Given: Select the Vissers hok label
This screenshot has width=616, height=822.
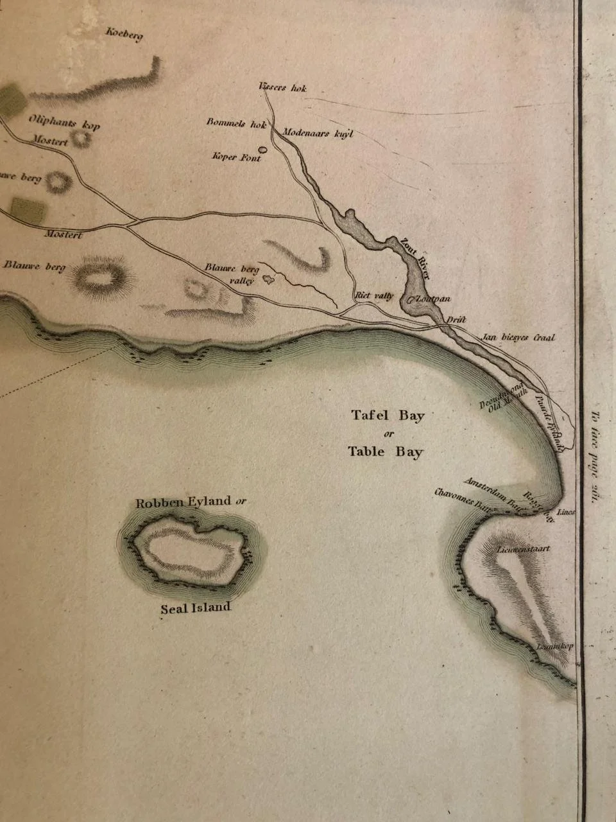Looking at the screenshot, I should tap(282, 87).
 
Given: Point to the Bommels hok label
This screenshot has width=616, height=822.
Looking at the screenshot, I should tap(236, 123).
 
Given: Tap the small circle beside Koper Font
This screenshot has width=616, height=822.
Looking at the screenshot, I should tap(262, 149).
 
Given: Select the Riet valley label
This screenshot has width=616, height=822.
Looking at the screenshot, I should tap(374, 295).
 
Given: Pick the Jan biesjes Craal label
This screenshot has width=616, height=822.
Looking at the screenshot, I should tap(518, 337).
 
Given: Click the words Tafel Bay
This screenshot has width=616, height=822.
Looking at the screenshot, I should tap(388, 415).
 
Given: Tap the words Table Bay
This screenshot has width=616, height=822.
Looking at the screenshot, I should tap(386, 451).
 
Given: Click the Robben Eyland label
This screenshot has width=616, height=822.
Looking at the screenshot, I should tap(184, 502).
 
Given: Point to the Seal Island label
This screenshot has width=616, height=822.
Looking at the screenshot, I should tap(195, 608).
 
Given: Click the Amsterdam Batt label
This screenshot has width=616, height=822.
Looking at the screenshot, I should tap(491, 492).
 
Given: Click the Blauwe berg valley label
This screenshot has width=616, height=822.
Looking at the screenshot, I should tap(232, 274).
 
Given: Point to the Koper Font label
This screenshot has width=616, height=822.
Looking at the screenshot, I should tap(236, 157).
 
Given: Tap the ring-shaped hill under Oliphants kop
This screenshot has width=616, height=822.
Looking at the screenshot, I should tap(81, 138).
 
